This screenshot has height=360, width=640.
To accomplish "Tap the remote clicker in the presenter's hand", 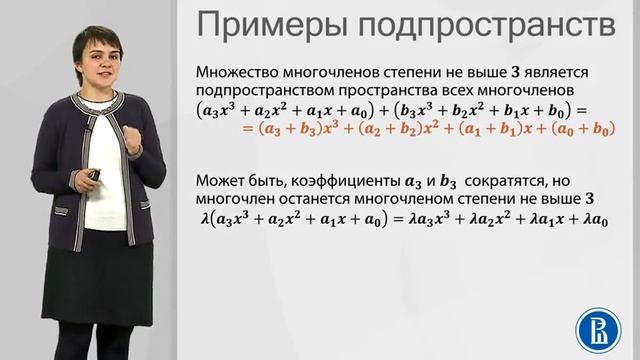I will (x=94, y=176).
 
